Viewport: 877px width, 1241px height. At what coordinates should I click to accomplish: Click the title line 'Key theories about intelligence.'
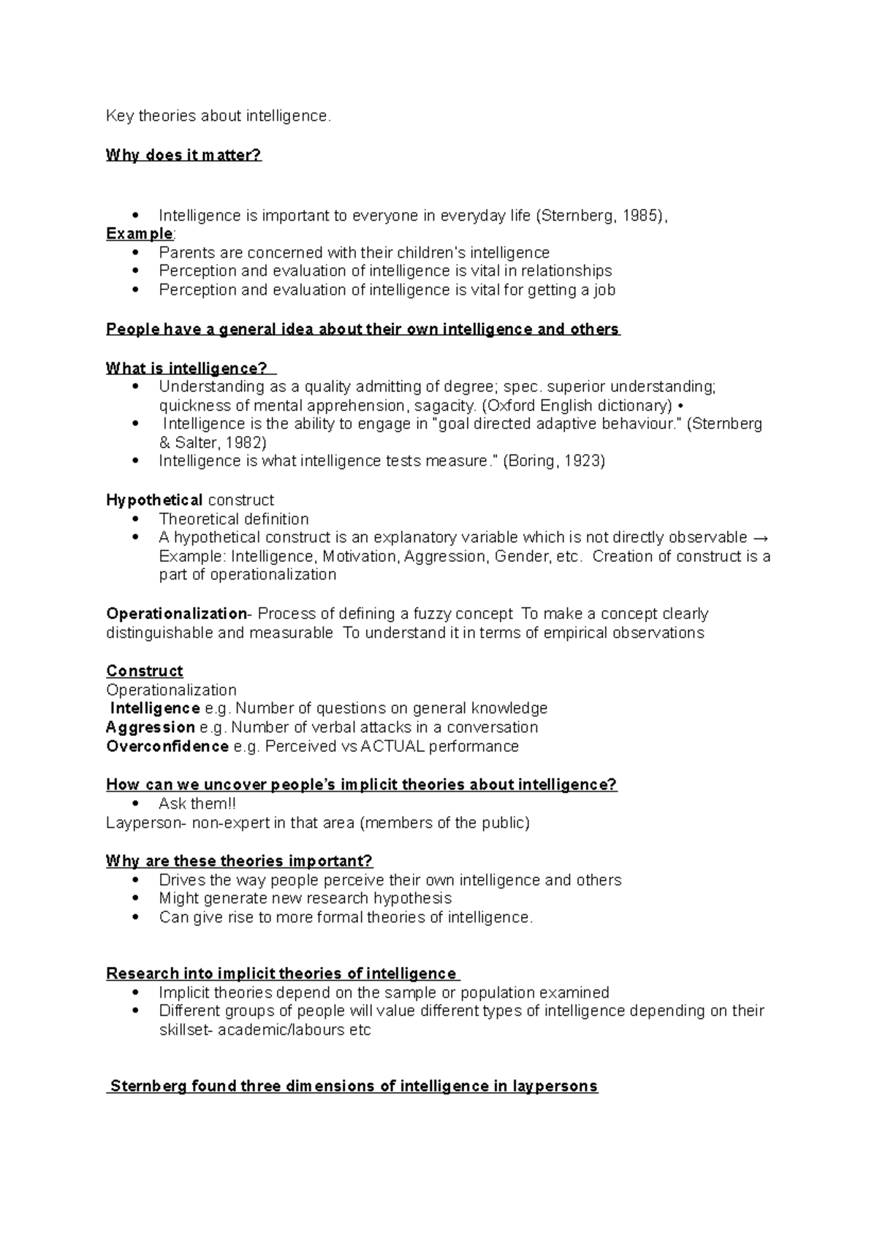(x=219, y=116)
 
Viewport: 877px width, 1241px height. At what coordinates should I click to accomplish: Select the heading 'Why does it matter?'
(x=183, y=155)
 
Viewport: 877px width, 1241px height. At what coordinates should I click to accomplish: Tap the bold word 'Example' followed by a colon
(x=139, y=234)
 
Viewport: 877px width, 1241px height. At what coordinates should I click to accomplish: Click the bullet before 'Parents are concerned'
(x=136, y=253)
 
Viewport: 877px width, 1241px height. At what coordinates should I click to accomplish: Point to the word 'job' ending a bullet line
(x=603, y=290)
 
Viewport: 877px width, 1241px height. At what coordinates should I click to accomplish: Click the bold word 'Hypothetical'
(x=154, y=501)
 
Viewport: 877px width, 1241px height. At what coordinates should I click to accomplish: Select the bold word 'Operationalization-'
(x=179, y=614)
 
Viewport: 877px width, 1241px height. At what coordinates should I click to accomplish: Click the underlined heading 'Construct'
(x=144, y=671)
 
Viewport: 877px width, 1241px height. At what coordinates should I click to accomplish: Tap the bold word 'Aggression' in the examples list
(x=151, y=728)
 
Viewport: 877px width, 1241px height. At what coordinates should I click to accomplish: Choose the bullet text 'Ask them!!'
(x=197, y=804)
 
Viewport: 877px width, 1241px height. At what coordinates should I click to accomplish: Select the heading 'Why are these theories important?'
(x=239, y=861)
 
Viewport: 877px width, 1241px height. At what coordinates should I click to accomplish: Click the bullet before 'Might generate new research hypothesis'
(x=136, y=899)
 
